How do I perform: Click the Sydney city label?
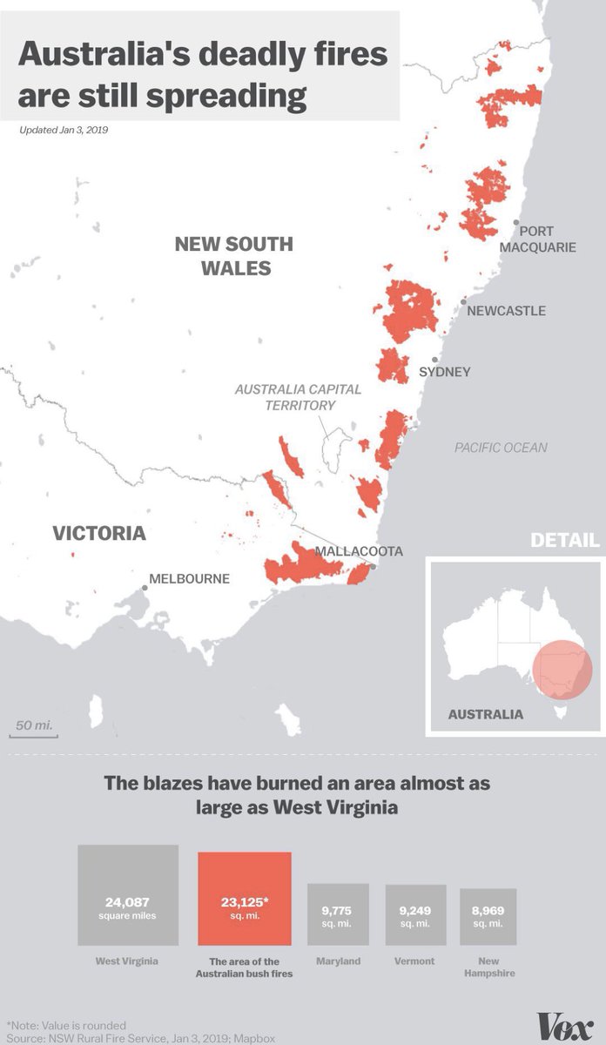pyautogui.click(x=445, y=372)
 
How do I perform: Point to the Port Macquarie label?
pyautogui.click(x=537, y=239)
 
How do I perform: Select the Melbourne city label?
pyautogui.click(x=189, y=578)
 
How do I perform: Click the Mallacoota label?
pyautogui.click(x=359, y=551)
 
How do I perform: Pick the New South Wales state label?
pyautogui.click(x=234, y=255)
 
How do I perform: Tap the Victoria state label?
pyautogui.click(x=98, y=533)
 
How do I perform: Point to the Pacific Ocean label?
pyautogui.click(x=501, y=448)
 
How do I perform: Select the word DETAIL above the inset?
pyautogui.click(x=565, y=541)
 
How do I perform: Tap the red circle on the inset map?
pyautogui.click(x=562, y=667)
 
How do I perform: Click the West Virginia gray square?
pyautogui.click(x=128, y=895)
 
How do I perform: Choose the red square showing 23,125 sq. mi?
pyautogui.click(x=245, y=899)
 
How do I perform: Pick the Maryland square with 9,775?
pyautogui.click(x=338, y=914)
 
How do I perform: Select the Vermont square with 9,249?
pyautogui.click(x=415, y=915)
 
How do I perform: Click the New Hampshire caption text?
pyautogui.click(x=488, y=967)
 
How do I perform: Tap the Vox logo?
pyautogui.click(x=565, y=1026)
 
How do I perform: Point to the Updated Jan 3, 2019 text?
pyautogui.click(x=69, y=130)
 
